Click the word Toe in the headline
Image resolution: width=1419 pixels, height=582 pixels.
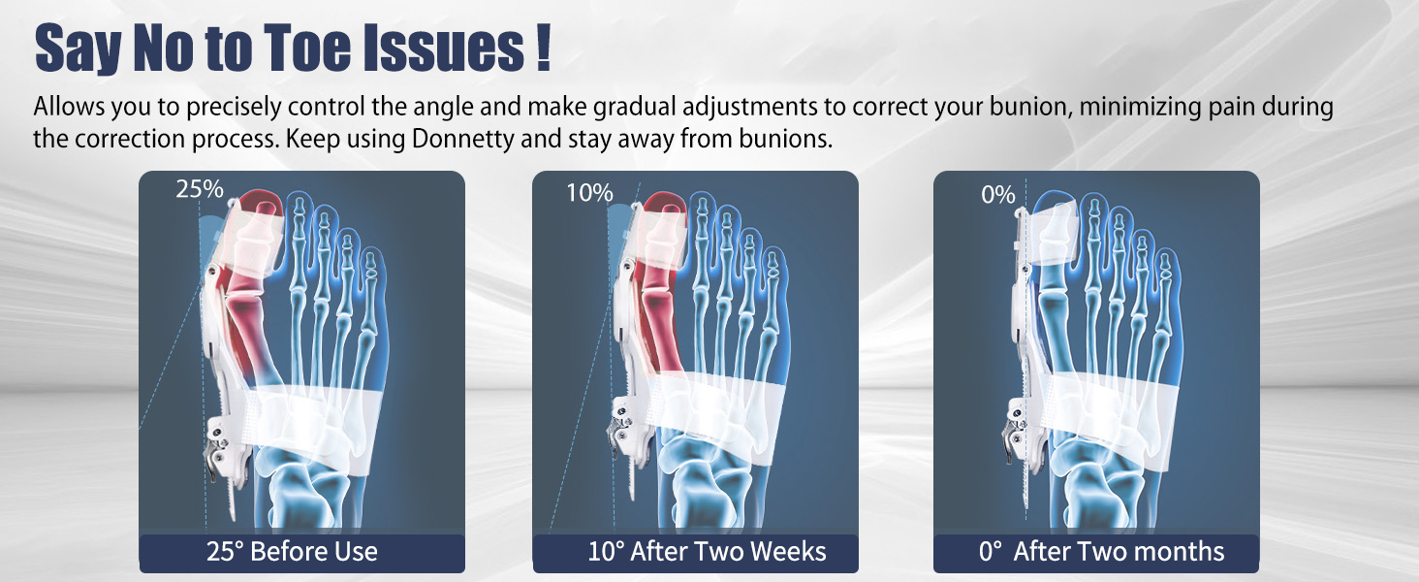pos(307,48)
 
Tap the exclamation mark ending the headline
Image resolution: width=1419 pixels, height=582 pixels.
pos(542,48)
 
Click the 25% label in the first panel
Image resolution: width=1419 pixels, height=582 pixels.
pos(200,189)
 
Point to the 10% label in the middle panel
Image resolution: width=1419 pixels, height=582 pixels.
pos(589,193)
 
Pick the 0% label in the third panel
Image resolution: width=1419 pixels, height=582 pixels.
pos(997,195)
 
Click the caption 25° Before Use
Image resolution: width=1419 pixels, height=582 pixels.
pos(292,552)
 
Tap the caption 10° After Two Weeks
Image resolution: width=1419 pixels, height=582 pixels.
pos(707,552)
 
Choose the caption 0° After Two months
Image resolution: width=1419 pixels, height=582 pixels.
pos(1101,552)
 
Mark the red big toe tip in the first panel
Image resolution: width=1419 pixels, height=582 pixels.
pos(261,202)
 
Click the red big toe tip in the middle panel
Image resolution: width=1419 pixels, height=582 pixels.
pos(665,204)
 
